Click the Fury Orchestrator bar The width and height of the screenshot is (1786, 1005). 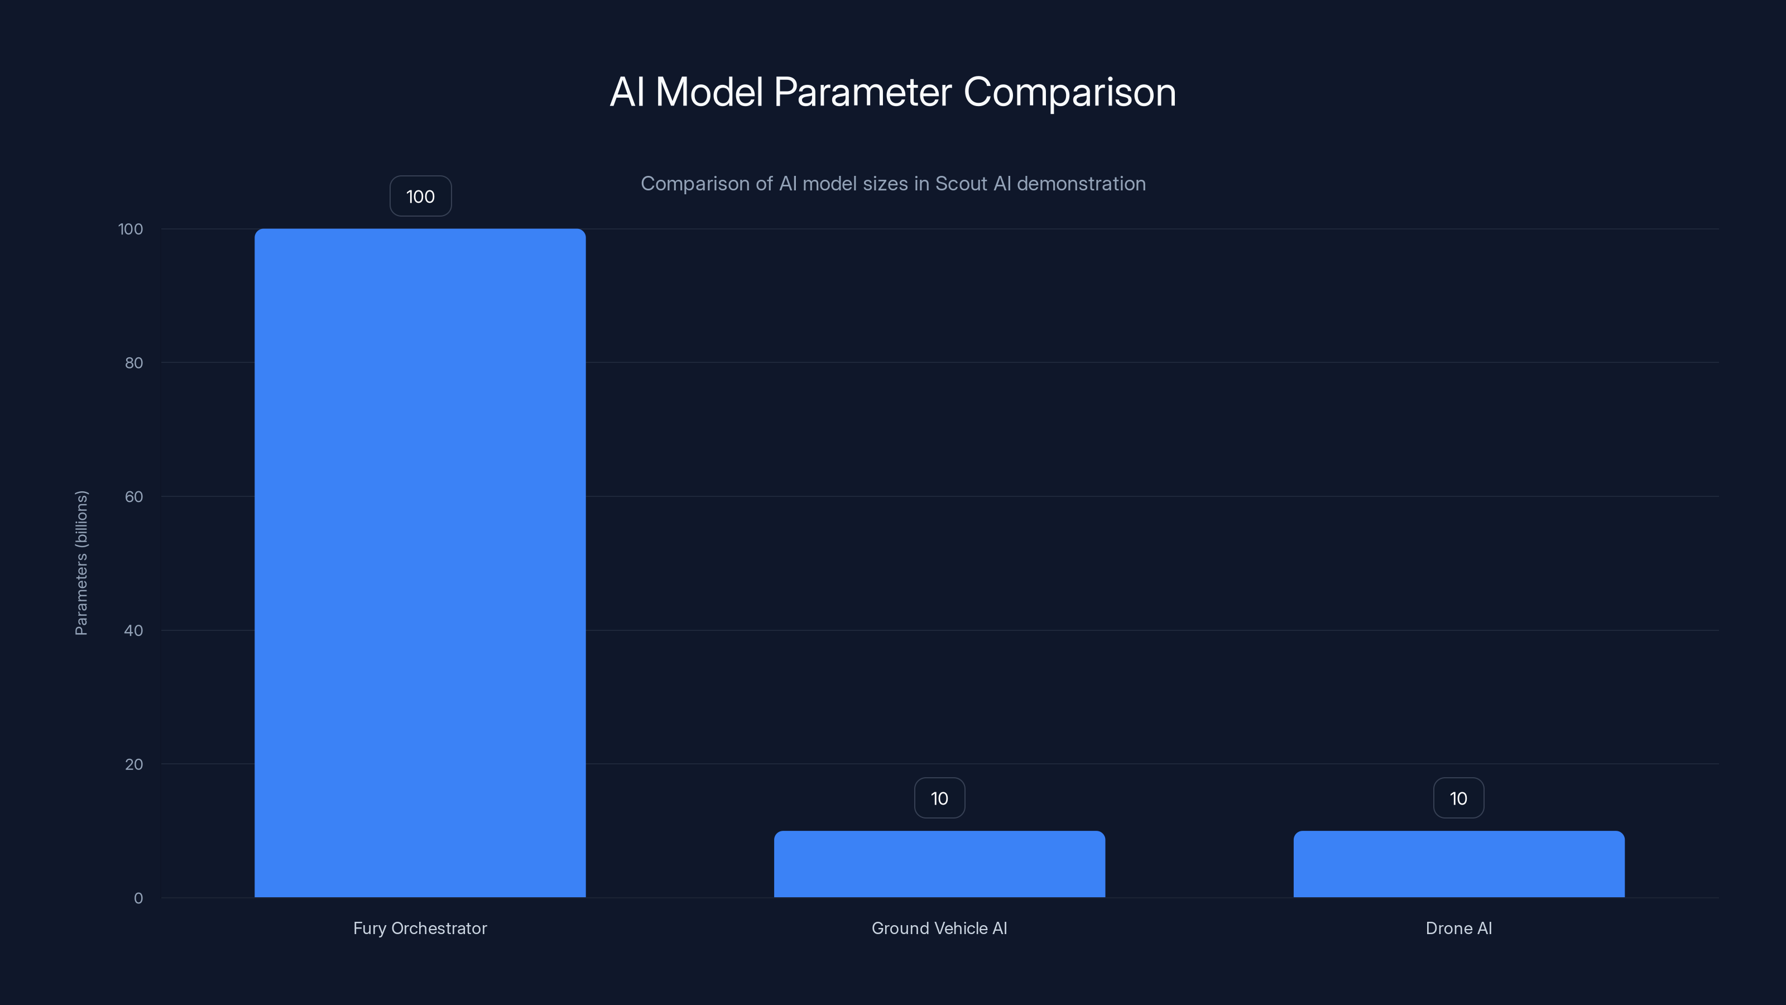tap(420, 562)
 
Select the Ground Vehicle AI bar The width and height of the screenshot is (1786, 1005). tap(939, 864)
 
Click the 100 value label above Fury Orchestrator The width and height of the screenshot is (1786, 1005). tap(420, 197)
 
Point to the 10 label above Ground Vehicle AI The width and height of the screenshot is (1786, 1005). tap(939, 798)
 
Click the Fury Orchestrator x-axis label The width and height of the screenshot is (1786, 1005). tap(420, 928)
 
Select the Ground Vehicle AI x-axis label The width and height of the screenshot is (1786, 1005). tap(939, 928)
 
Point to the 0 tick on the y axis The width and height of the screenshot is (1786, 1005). tap(138, 898)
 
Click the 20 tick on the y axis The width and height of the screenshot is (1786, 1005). tap(134, 764)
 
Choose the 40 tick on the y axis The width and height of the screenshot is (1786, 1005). tap(134, 630)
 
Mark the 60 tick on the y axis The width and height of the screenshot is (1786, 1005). tap(134, 496)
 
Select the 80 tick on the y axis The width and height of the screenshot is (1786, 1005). tap(134, 363)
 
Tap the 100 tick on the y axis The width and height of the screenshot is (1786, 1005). tap(131, 229)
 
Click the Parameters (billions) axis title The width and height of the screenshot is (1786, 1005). tap(81, 562)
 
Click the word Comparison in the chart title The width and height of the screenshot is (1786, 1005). tap(1069, 92)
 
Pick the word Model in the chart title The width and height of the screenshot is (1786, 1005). tap(709, 92)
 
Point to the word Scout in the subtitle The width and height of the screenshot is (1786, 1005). tap(961, 184)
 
